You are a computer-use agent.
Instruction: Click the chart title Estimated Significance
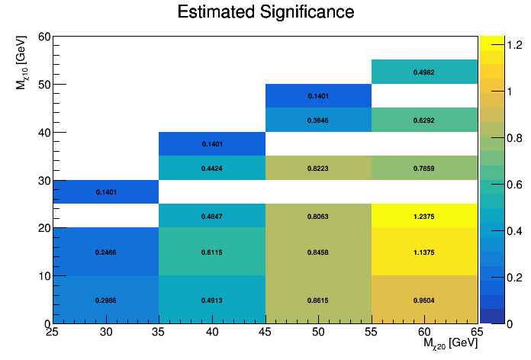[x=265, y=12]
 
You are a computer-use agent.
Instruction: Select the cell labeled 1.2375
[x=424, y=216]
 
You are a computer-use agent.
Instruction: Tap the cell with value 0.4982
[x=424, y=72]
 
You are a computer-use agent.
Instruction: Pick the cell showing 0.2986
[x=105, y=301]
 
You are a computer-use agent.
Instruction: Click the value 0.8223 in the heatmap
[x=318, y=168]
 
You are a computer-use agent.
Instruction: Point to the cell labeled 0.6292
[x=424, y=120]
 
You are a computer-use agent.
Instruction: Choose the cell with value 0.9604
[x=424, y=301]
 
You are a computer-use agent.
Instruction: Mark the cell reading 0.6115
[x=212, y=252]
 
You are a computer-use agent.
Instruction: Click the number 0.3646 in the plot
[x=318, y=120]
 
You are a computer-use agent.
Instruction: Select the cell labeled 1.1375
[x=424, y=252]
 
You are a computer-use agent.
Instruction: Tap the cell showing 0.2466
[x=105, y=252]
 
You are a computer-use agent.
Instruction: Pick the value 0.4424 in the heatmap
[x=212, y=168]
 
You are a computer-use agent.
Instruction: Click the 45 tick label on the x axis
[x=265, y=333]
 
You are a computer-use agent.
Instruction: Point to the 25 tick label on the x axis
[x=53, y=333]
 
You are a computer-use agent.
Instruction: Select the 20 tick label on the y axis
[x=43, y=228]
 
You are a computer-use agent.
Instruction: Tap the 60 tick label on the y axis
[x=43, y=37]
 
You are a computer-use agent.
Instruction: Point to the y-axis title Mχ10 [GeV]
[x=23, y=62]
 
